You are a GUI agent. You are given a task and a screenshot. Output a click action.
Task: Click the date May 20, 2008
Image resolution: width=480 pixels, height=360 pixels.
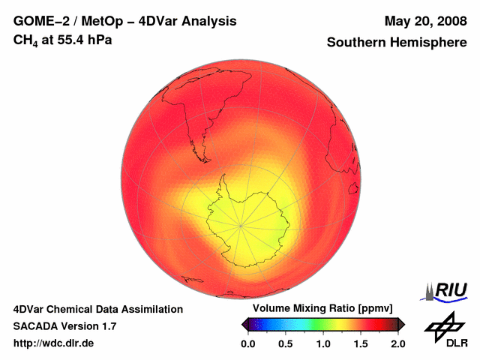pyautogui.click(x=424, y=22)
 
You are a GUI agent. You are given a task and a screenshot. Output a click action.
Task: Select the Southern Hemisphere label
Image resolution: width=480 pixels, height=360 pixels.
pyautogui.click(x=396, y=43)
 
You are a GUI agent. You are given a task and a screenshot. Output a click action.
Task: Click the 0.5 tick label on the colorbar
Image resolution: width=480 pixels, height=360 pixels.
pyautogui.click(x=286, y=343)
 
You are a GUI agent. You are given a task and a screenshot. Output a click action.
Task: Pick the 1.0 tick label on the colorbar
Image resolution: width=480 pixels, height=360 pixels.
pyautogui.click(x=323, y=343)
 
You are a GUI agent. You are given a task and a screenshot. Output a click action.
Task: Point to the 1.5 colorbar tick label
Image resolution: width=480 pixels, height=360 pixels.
pyautogui.click(x=361, y=343)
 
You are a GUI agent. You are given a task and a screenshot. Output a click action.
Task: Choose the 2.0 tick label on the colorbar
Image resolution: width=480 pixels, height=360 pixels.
pyautogui.click(x=397, y=343)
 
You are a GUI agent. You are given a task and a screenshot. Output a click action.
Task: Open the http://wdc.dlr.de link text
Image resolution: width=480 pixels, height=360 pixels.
pyautogui.click(x=54, y=343)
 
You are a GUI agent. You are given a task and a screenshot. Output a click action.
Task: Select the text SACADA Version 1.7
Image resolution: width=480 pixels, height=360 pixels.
pyautogui.click(x=64, y=326)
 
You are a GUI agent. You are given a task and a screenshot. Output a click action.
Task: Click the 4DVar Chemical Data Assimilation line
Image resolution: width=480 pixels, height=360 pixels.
pyautogui.click(x=97, y=309)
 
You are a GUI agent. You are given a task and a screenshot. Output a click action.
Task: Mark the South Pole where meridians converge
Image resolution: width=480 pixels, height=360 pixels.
pyautogui.click(x=241, y=223)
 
